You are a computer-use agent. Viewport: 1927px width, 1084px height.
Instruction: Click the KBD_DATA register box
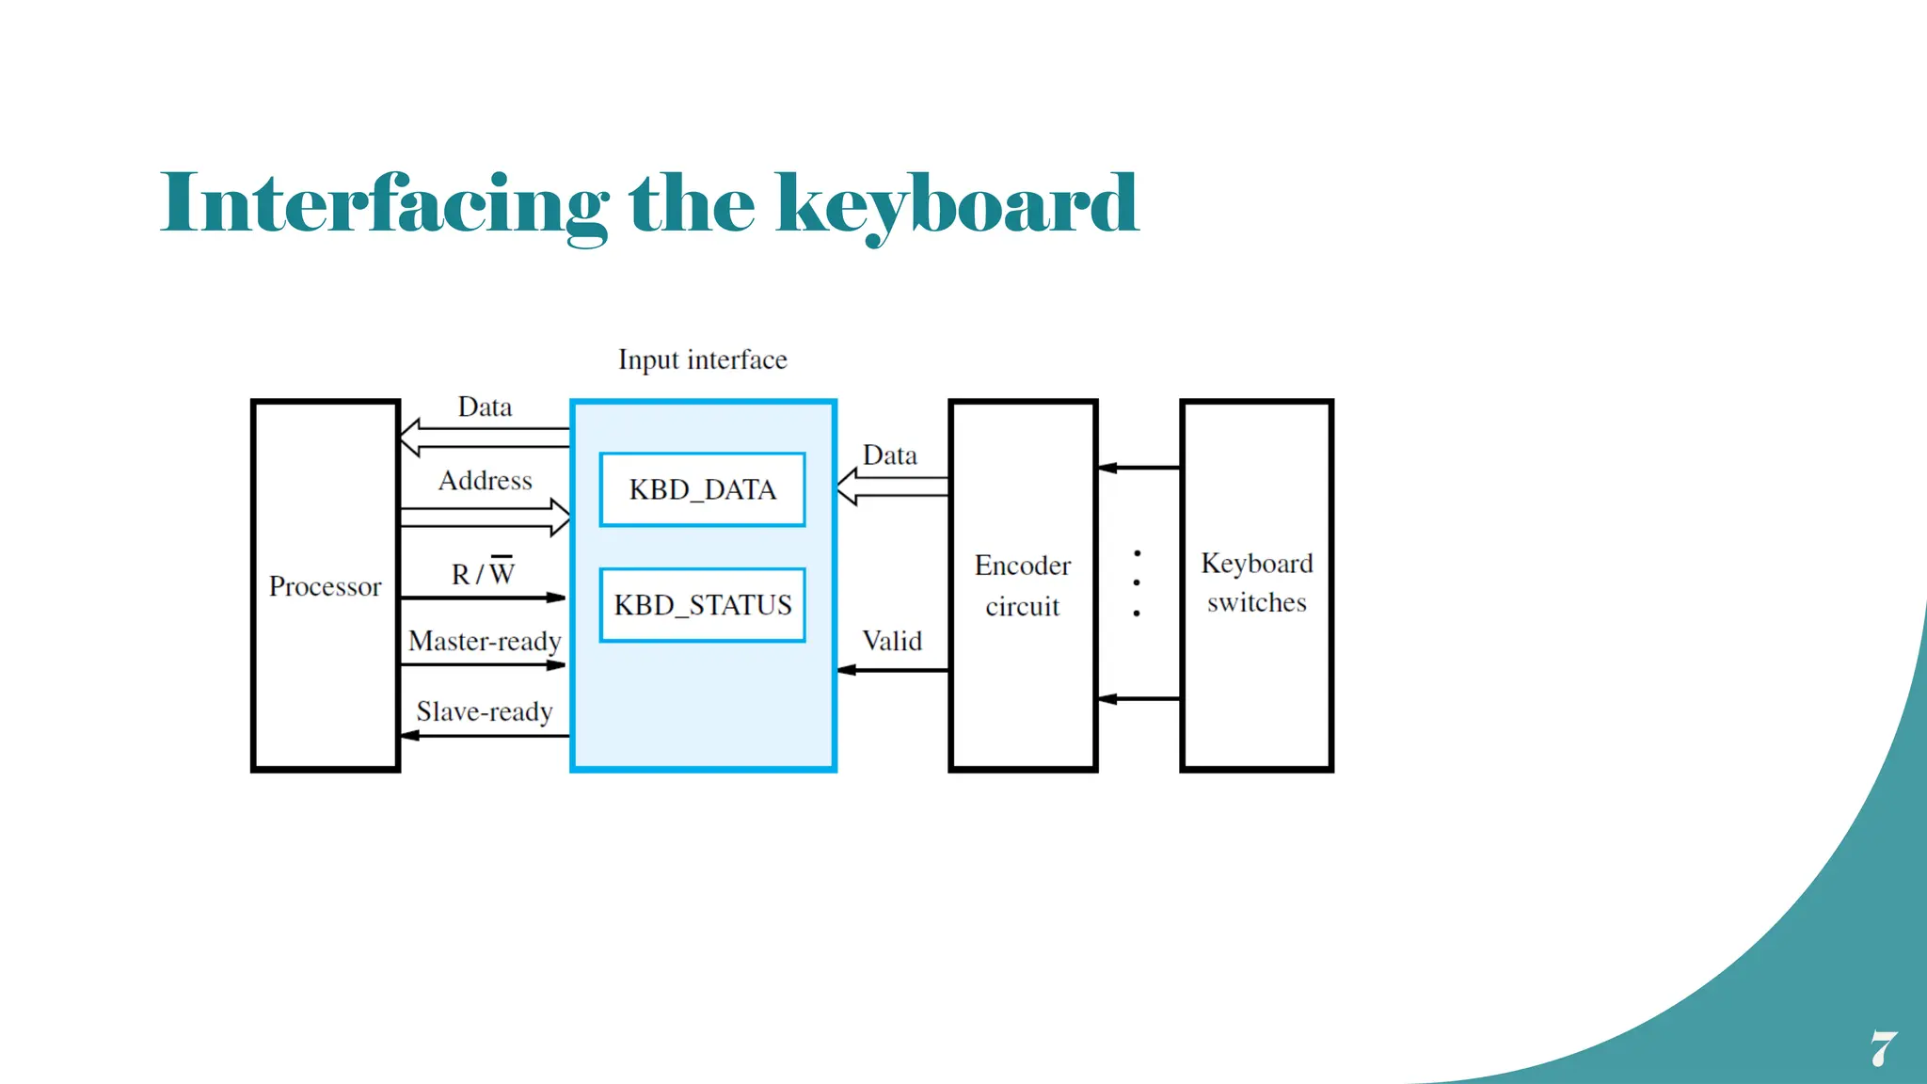coord(702,489)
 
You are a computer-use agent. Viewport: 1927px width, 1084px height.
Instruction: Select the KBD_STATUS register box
coord(702,605)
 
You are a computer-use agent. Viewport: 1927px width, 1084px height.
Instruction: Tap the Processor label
coord(325,586)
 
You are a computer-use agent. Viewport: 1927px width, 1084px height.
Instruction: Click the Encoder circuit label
coord(1023,585)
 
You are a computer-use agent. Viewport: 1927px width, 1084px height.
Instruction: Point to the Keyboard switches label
coord(1256,582)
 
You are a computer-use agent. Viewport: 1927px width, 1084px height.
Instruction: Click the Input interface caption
coord(702,359)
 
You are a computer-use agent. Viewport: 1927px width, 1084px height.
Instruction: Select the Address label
coord(485,481)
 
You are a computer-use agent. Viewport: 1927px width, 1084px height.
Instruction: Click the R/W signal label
coord(483,573)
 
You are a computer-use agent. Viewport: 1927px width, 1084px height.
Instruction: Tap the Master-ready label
coord(485,642)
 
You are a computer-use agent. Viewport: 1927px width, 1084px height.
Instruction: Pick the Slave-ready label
coord(485,712)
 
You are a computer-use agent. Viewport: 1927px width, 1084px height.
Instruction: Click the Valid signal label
coord(892,642)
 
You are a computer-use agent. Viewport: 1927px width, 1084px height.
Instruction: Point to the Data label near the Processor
coord(485,407)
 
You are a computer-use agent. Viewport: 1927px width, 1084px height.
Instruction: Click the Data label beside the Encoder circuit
coord(889,455)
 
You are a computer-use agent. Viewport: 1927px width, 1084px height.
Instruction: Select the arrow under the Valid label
coord(892,670)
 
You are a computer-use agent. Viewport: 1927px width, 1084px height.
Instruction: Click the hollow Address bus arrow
coord(485,518)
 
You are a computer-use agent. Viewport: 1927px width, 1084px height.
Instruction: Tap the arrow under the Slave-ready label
coord(485,736)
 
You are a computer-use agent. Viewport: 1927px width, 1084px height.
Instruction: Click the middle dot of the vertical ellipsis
coord(1137,582)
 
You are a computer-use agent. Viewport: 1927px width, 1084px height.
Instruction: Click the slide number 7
coord(1883,1048)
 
